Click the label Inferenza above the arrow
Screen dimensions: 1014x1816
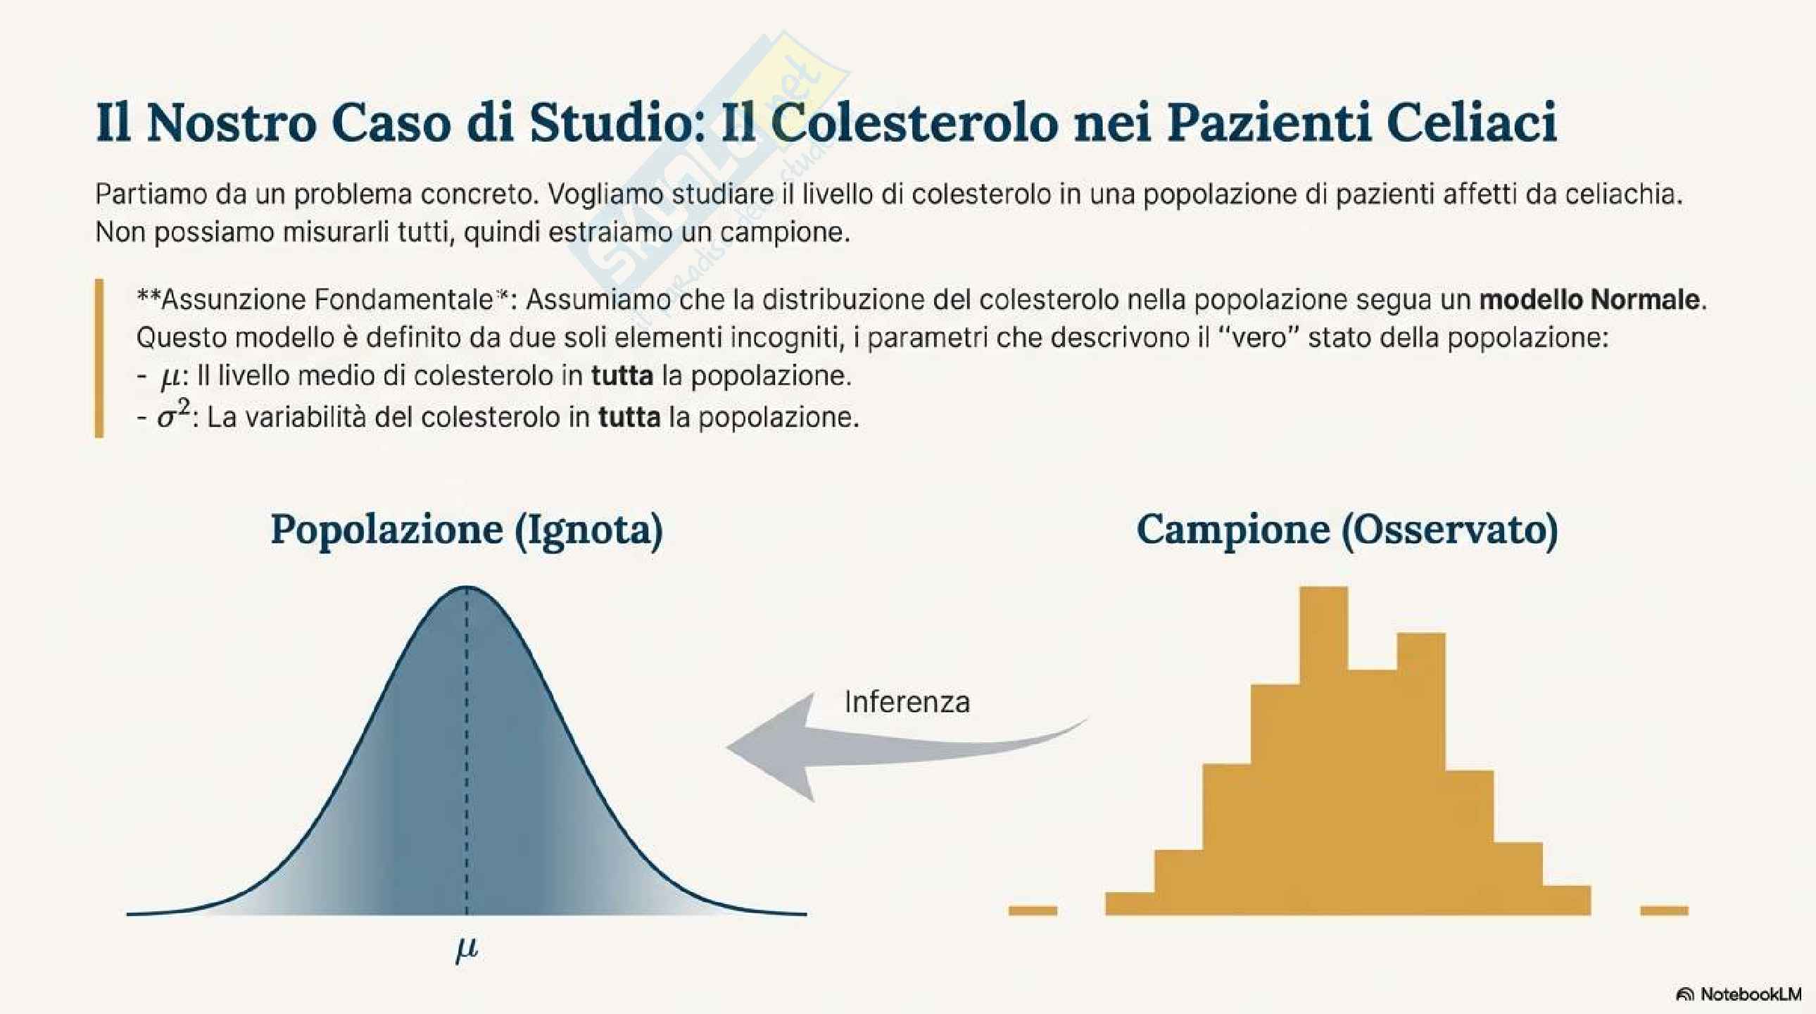click(907, 701)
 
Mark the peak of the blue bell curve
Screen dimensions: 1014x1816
click(467, 587)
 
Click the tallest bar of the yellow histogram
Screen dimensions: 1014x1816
click(1323, 747)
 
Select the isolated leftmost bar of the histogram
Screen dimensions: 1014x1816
click(1033, 910)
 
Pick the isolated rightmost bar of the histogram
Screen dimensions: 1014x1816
click(1665, 910)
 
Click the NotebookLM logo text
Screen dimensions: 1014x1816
click(1751, 994)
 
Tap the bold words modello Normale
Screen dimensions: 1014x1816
click(1590, 300)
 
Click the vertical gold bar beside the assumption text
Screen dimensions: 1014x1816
click(99, 358)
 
